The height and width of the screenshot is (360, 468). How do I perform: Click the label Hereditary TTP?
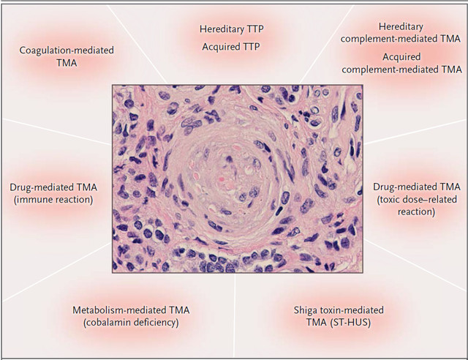click(232, 29)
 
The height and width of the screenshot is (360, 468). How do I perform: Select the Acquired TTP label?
click(231, 47)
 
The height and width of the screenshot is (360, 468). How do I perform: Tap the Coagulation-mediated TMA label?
click(67, 56)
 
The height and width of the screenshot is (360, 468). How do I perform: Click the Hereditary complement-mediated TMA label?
click(401, 33)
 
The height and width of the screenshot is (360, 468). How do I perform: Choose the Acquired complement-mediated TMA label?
click(401, 63)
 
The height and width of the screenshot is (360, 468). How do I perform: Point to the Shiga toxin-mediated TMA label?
click(339, 316)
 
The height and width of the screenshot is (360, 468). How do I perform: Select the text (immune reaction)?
click(53, 200)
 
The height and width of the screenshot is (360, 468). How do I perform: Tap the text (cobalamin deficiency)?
click(131, 323)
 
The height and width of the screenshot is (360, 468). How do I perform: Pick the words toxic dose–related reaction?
click(417, 206)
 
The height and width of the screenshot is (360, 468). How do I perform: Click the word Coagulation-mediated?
click(67, 50)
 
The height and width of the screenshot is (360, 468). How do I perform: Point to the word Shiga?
click(304, 310)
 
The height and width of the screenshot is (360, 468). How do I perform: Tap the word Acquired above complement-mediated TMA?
click(401, 57)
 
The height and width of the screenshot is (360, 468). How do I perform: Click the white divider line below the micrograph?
click(235, 315)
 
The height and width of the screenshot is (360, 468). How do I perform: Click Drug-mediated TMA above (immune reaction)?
click(53, 187)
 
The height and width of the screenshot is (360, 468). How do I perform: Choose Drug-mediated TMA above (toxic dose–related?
click(417, 187)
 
